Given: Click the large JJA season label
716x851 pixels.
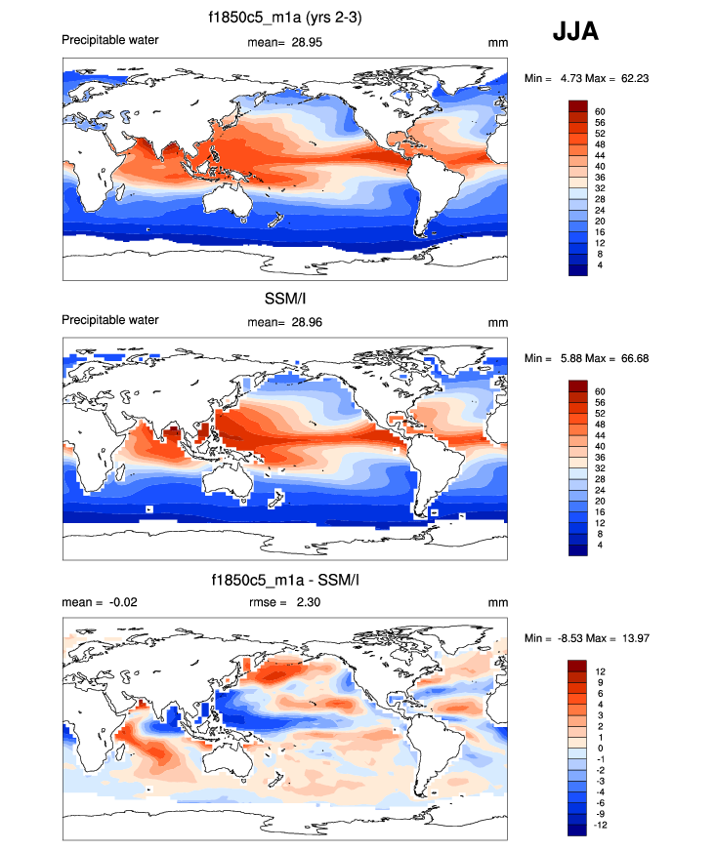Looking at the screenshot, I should [x=575, y=31].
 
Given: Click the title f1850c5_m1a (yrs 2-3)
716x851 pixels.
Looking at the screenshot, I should [x=284, y=17].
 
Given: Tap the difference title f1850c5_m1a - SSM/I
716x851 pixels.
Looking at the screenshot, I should [x=284, y=581].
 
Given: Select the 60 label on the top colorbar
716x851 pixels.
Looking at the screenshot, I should [x=599, y=112].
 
